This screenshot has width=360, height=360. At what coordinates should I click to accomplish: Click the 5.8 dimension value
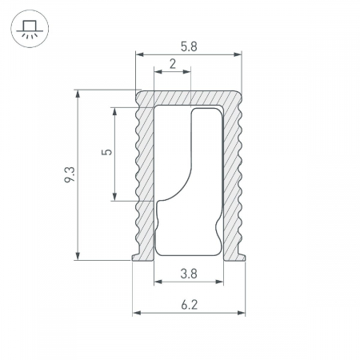point(189,46)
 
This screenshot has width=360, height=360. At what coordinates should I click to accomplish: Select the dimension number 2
point(173,64)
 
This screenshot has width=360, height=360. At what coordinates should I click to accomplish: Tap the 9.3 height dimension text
point(70,174)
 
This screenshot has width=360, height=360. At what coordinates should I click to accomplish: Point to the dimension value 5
point(107,152)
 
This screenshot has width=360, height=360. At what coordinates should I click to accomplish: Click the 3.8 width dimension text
point(189,274)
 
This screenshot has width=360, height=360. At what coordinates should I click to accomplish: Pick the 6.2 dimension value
point(190,305)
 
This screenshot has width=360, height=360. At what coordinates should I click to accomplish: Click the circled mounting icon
point(30,29)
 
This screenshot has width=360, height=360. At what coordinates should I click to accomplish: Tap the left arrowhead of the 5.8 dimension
point(139,54)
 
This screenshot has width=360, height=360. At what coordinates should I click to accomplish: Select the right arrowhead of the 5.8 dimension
point(238,54)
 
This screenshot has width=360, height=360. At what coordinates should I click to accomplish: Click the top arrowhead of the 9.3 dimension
point(78,94)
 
